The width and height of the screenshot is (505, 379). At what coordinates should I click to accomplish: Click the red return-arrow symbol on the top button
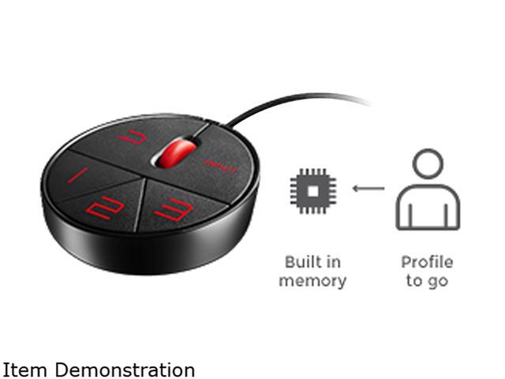(134, 137)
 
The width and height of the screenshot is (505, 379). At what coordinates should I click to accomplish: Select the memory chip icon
(312, 190)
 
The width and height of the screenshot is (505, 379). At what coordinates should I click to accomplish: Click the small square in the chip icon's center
(312, 190)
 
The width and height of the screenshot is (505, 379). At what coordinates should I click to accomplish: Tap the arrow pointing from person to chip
(368, 188)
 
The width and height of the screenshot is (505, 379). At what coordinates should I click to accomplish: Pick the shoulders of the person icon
(427, 207)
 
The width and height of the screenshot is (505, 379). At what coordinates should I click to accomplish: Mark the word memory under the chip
(312, 280)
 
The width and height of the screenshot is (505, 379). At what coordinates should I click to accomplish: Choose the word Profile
(427, 262)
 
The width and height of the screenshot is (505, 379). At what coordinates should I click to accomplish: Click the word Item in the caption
(19, 369)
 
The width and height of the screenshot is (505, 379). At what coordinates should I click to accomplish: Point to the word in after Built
(335, 262)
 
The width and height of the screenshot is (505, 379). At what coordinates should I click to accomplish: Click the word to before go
(413, 281)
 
